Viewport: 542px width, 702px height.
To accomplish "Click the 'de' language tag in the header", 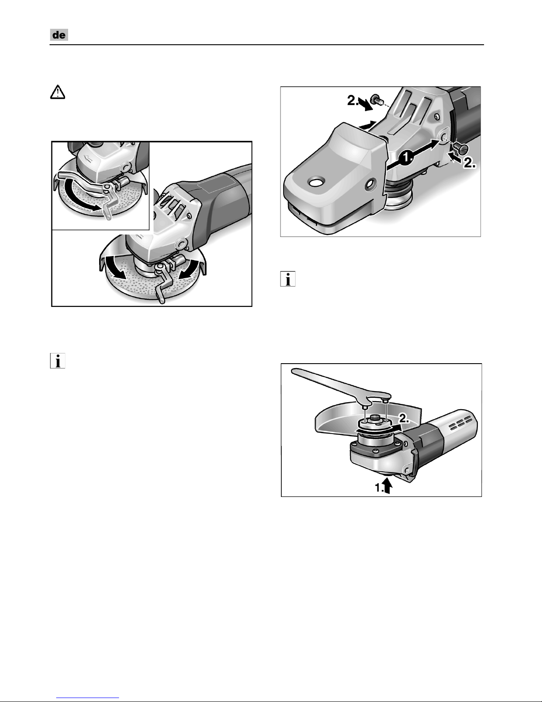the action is coord(59,35).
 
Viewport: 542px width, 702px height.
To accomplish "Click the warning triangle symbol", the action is coord(58,92).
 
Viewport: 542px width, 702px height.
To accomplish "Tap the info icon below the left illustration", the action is coord(58,361).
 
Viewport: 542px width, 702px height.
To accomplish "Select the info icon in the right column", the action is coord(288,279).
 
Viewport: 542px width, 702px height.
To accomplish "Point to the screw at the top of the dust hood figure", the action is coord(377,99).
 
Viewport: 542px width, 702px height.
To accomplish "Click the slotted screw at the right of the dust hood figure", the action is coord(461,148).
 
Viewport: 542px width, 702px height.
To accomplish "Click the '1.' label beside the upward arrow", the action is coord(379,488).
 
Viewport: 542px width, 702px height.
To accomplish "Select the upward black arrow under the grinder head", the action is coord(388,486).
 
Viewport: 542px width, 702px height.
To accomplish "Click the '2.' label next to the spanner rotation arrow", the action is coord(404,419).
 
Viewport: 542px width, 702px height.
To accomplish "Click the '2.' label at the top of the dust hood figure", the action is coord(353,101).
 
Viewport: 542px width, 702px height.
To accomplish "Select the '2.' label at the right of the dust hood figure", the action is coord(470,164).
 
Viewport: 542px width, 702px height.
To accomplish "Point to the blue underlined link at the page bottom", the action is coord(88,698).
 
